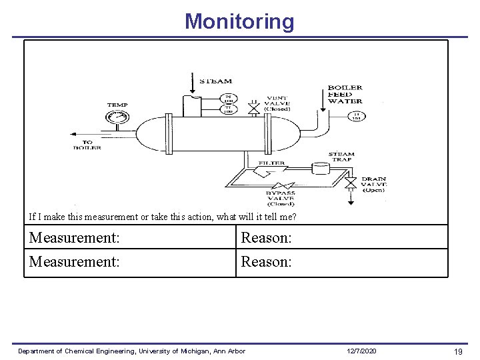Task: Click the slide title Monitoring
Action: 239,21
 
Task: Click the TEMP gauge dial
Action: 117,118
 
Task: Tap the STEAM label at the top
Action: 216,81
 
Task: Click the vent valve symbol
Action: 253,107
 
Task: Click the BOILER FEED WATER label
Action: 345,94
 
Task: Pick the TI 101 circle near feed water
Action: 356,116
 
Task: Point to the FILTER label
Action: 272,163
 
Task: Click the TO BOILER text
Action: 87,144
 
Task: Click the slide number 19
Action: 458,351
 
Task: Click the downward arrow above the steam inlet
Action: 192,83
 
